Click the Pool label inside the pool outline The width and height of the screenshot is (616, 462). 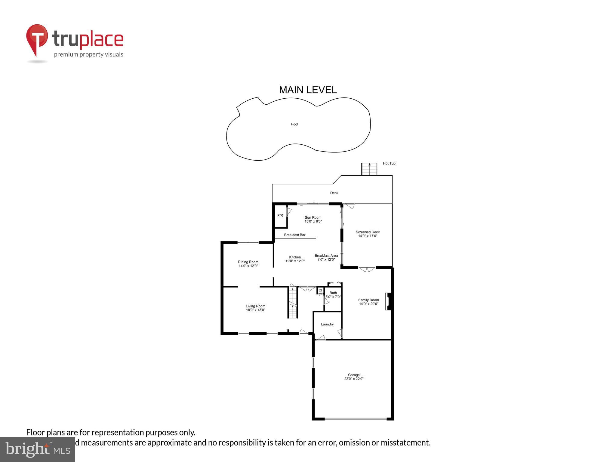(294, 124)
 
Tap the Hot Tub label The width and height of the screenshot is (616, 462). (389, 163)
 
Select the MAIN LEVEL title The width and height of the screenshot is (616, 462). (308, 90)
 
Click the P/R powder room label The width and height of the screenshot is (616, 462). (280, 215)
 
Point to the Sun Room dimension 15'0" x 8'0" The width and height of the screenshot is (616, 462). (313, 221)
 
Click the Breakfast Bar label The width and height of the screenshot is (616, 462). (294, 235)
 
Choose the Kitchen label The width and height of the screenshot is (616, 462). (295, 257)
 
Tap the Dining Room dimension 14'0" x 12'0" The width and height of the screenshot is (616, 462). (248, 266)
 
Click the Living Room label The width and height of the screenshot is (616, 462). (255, 306)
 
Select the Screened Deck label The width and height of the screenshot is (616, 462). (368, 232)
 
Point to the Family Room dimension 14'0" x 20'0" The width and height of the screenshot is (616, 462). (368, 304)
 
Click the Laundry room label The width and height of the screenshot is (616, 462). (327, 324)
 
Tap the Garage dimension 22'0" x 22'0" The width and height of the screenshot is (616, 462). (354, 379)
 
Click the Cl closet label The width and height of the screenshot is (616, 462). (320, 290)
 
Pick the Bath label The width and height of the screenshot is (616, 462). (333, 293)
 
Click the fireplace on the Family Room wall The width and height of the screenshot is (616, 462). (388, 301)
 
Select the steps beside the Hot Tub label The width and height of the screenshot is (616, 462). (369, 169)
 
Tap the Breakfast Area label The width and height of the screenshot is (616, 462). (326, 256)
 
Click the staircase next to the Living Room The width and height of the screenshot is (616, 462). (293, 302)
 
